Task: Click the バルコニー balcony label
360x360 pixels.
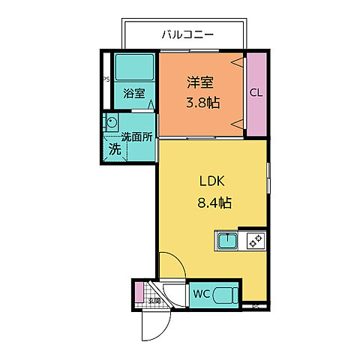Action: pyautogui.click(x=188, y=34)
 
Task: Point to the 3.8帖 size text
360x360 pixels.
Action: pyautogui.click(x=202, y=103)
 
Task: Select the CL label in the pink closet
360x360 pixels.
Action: pyautogui.click(x=256, y=92)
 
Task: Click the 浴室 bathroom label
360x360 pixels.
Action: pyautogui.click(x=133, y=94)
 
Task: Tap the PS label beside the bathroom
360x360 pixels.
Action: pyautogui.click(x=106, y=78)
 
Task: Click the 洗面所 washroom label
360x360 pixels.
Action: pyautogui.click(x=138, y=136)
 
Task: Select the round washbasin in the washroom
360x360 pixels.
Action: pyautogui.click(x=112, y=123)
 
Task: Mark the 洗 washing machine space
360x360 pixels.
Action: pyautogui.click(x=115, y=148)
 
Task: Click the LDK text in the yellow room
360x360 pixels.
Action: pyautogui.click(x=212, y=182)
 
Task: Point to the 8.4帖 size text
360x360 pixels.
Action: pyautogui.click(x=213, y=202)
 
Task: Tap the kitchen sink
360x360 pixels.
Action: pyautogui.click(x=227, y=241)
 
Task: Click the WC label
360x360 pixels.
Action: pyautogui.click(x=201, y=293)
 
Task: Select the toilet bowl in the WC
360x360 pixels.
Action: pyautogui.click(x=224, y=294)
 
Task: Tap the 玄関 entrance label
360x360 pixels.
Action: pyautogui.click(x=154, y=301)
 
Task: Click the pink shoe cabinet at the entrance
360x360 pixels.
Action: pyautogui.click(x=137, y=292)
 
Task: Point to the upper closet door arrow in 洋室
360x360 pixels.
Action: pyautogui.click(x=238, y=63)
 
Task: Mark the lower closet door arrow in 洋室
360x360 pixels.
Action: pyautogui.click(x=238, y=122)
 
